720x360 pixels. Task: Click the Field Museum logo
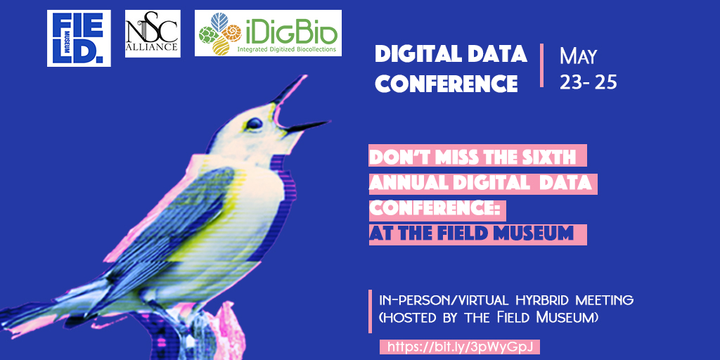[x=79, y=38]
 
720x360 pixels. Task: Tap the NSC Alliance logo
[x=153, y=34]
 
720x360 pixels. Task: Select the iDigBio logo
[x=268, y=33]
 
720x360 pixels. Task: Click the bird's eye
[x=253, y=123]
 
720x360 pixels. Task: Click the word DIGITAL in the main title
[x=416, y=54]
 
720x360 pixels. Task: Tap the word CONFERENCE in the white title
[x=446, y=84]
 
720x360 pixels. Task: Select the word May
[x=578, y=57]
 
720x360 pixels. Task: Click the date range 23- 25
[x=589, y=82]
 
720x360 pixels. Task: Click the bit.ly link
[x=460, y=347]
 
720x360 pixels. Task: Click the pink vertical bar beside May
[x=542, y=65]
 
